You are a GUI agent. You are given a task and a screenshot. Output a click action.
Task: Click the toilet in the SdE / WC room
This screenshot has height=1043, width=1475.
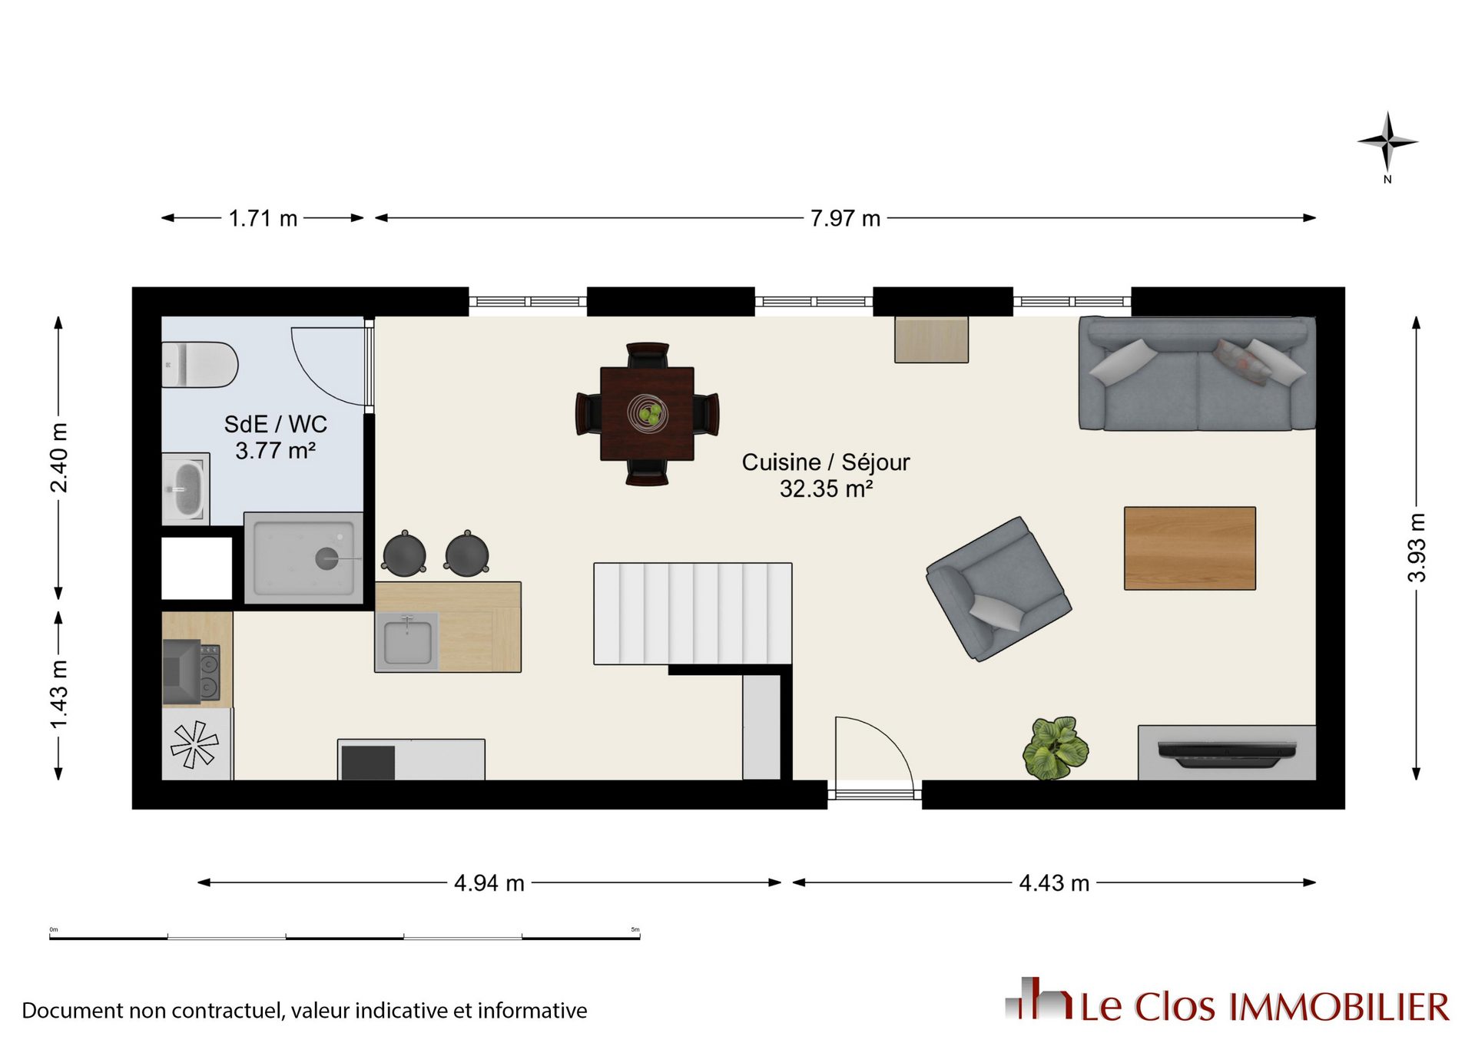(x=200, y=365)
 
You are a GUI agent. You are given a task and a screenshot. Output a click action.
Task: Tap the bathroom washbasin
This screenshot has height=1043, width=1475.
(x=185, y=488)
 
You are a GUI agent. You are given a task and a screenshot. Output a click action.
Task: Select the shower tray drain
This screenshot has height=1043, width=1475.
(x=326, y=558)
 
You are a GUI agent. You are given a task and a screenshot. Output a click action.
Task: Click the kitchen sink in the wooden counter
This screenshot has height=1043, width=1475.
(x=407, y=641)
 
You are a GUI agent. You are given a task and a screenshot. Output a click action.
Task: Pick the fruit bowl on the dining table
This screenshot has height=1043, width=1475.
(x=648, y=414)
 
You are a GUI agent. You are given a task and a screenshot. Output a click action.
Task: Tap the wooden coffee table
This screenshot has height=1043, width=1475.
(x=1189, y=548)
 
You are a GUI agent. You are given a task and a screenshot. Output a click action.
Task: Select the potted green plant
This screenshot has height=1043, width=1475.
(x=1056, y=748)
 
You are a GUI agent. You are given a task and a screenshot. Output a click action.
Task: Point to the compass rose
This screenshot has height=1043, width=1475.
(x=1387, y=143)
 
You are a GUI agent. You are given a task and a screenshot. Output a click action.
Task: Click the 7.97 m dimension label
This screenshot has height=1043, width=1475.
(x=845, y=219)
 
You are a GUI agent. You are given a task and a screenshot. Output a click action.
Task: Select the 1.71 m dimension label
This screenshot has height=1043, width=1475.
(x=263, y=219)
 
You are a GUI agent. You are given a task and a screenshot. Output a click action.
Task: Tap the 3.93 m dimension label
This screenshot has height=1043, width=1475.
(x=1417, y=548)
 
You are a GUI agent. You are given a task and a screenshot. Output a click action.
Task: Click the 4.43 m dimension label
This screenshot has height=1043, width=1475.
(x=1054, y=883)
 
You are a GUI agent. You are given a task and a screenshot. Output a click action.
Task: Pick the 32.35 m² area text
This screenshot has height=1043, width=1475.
(x=826, y=488)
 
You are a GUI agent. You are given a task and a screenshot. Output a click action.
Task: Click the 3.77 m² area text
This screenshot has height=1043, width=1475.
(x=275, y=450)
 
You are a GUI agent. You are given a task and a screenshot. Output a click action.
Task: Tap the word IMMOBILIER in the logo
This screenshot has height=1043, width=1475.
(x=1340, y=1007)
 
